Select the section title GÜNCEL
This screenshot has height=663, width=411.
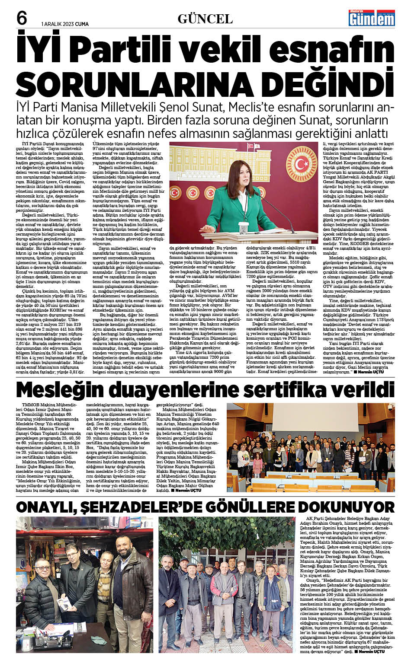(x=205, y=19)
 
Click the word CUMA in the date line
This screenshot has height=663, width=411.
(x=82, y=24)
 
